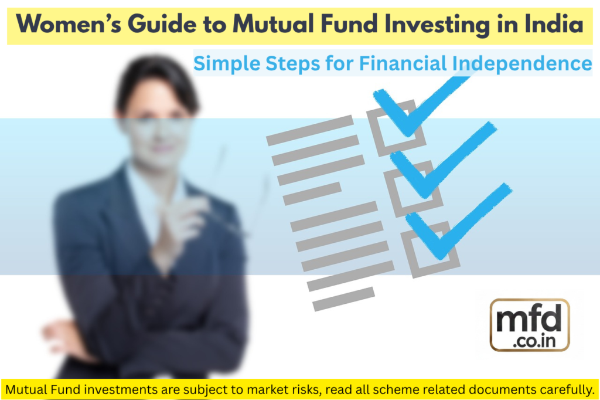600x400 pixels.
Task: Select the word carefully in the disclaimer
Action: (x=562, y=389)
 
